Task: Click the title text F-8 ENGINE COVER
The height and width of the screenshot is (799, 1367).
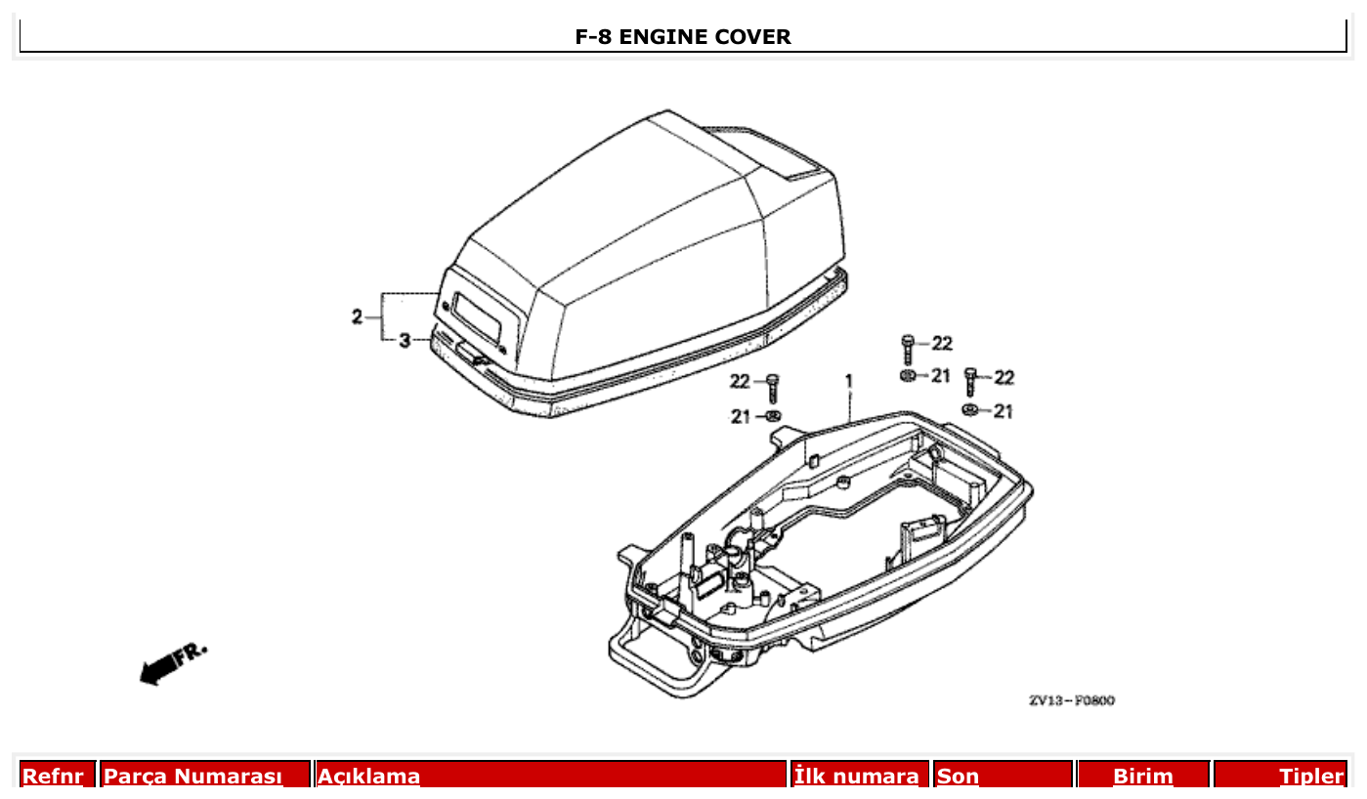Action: coord(683,37)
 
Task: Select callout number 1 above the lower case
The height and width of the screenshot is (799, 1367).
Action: coord(849,380)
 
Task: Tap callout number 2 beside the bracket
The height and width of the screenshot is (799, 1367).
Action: coord(358,316)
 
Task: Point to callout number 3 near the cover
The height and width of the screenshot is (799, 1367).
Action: coord(405,340)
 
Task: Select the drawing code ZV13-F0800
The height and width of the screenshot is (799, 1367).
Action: coord(1071,700)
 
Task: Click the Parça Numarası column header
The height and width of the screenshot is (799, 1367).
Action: coord(192,777)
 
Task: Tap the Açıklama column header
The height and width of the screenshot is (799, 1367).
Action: coord(368,777)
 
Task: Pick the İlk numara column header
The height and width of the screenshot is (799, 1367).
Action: coord(857,777)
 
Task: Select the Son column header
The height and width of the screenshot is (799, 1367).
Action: coord(958,777)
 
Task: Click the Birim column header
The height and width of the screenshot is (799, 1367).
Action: coord(1142,777)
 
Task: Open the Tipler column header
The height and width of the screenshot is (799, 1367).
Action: coord(1311,777)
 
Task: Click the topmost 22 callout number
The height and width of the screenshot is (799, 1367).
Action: coord(941,343)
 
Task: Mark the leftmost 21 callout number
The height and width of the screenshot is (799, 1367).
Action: coord(742,417)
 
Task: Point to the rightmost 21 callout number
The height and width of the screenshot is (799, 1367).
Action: coord(1003,411)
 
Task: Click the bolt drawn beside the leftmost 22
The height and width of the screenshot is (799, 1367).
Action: coord(772,387)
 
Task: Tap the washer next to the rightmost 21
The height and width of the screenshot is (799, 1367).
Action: coord(970,409)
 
